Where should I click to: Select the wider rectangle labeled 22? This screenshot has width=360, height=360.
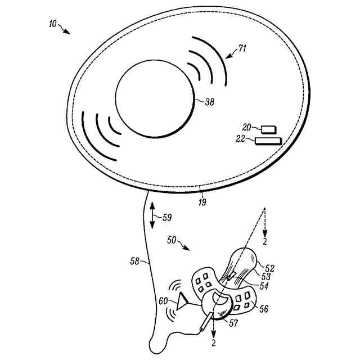point(268,140)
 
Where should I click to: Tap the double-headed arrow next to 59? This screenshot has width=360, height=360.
point(152,214)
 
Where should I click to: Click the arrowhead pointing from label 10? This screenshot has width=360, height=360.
point(67,31)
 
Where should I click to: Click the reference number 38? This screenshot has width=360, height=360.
point(209,103)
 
